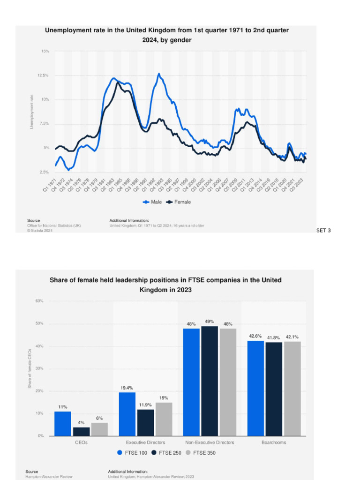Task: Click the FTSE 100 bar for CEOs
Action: pyautogui.click(x=62, y=424)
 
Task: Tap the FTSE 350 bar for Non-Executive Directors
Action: pyautogui.click(x=228, y=382)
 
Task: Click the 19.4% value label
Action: pyautogui.click(x=127, y=388)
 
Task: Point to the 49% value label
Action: pyautogui.click(x=209, y=322)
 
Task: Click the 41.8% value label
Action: pyautogui.click(x=274, y=337)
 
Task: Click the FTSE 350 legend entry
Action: pyautogui.click(x=201, y=453)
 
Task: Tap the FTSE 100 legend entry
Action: pyautogui.click(x=133, y=453)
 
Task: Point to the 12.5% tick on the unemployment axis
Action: pyautogui.click(x=43, y=75)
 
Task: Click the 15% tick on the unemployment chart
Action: pyautogui.click(x=45, y=51)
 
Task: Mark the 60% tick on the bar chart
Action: pyautogui.click(x=39, y=301)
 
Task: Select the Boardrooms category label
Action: pyautogui.click(x=274, y=442)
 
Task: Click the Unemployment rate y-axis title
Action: pyautogui.click(x=32, y=112)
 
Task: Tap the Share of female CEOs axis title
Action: pyautogui.click(x=29, y=368)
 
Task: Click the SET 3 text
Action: pyautogui.click(x=324, y=230)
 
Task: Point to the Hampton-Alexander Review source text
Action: pyautogui.click(x=49, y=476)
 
